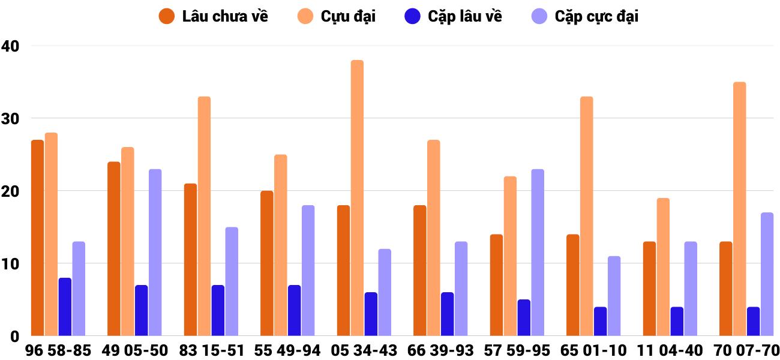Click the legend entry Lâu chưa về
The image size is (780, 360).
[x=214, y=16]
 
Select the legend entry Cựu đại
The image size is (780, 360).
[x=337, y=16]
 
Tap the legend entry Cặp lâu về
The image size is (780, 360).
[x=453, y=16]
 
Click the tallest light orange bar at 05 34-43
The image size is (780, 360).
[x=357, y=198]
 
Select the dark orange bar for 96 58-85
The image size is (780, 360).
[x=37, y=238]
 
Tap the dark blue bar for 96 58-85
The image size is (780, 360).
[x=65, y=307]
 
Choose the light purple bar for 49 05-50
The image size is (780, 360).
[x=155, y=252]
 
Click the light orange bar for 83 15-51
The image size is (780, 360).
[x=204, y=216]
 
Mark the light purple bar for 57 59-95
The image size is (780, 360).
[x=537, y=252]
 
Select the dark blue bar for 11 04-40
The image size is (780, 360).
[x=677, y=321]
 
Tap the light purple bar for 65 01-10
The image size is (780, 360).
[x=614, y=296]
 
